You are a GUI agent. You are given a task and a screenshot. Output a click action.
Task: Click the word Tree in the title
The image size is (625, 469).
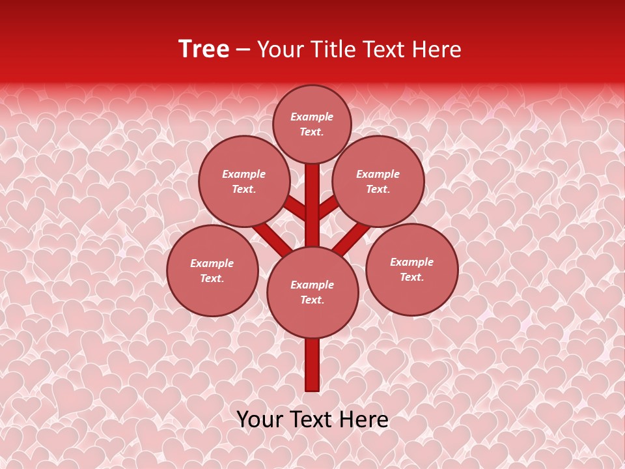click(204, 50)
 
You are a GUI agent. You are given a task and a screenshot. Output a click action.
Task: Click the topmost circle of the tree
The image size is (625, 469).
click(312, 124)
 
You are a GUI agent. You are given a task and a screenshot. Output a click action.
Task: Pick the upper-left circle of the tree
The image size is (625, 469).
click(244, 182)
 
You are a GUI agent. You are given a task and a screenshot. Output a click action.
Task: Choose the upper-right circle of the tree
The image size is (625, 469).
click(378, 182)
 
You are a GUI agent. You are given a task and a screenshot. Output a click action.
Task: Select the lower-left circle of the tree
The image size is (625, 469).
click(212, 270)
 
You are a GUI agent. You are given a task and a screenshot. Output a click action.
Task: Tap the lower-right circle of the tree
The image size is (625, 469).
click(411, 269)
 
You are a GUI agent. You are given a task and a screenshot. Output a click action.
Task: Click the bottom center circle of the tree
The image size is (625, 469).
click(312, 292)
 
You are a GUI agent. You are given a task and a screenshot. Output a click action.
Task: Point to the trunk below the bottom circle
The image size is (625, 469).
click(312, 365)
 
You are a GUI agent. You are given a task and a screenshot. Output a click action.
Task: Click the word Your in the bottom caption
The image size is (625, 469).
click(260, 419)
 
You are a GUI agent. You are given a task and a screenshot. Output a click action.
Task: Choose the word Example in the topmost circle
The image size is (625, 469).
click(312, 117)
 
